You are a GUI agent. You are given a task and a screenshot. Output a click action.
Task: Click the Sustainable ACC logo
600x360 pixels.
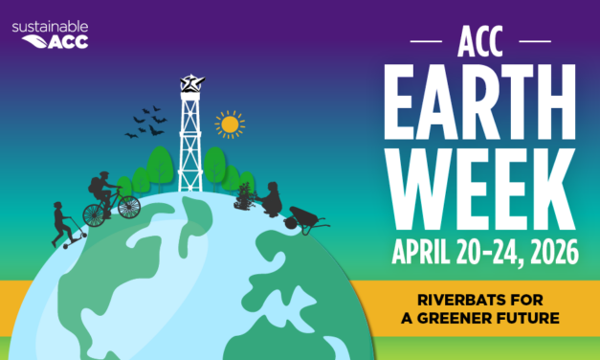pyautogui.click(x=49, y=34)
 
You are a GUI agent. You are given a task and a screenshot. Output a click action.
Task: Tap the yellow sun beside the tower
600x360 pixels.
pyautogui.click(x=229, y=124)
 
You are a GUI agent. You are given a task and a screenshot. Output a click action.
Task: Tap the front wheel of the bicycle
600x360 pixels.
pyautogui.click(x=127, y=206)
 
